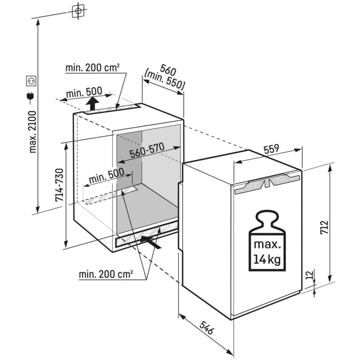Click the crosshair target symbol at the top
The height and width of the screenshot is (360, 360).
pos(77,11)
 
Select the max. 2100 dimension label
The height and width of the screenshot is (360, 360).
pos(33,132)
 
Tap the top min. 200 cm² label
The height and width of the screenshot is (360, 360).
pos(93,67)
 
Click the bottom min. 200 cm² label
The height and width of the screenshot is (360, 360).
pos(106,274)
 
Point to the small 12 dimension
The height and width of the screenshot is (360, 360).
pos(308,275)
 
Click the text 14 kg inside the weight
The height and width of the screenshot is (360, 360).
pos(267,258)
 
